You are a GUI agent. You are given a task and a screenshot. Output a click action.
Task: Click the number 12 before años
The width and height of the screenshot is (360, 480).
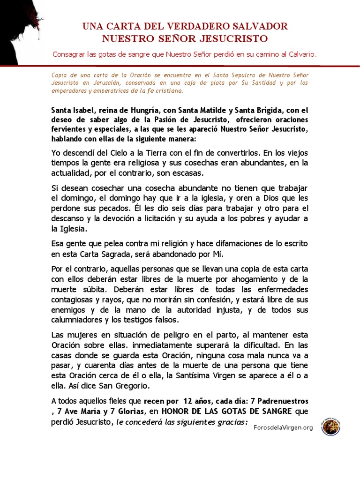click(189, 402)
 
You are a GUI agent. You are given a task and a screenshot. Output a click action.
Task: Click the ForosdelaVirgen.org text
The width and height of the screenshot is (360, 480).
click(283, 427)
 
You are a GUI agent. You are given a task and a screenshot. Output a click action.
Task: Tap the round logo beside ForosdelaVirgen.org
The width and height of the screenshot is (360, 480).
click(331, 427)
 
